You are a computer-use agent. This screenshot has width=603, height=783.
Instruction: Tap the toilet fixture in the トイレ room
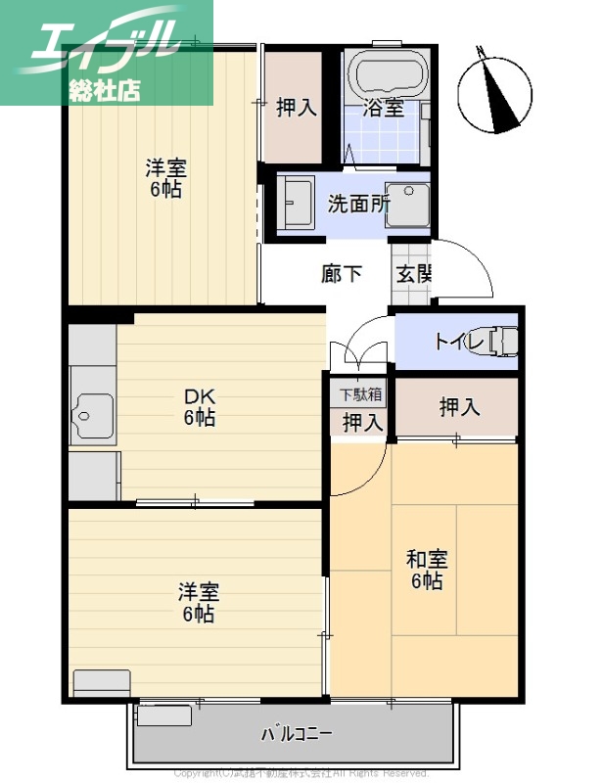(501, 341)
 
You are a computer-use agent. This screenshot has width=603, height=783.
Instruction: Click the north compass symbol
(496, 90)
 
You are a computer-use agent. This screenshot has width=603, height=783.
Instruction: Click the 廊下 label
(342, 273)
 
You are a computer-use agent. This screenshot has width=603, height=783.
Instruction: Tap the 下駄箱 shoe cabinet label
(361, 395)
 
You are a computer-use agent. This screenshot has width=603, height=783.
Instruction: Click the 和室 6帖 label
(427, 571)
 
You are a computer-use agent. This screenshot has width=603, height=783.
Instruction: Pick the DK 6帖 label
(200, 408)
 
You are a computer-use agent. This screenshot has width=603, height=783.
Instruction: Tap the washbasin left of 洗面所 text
(296, 204)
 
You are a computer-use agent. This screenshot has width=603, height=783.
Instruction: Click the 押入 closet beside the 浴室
(295, 107)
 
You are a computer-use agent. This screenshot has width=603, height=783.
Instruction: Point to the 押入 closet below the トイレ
(458, 407)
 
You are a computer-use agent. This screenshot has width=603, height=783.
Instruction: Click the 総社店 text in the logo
(106, 89)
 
